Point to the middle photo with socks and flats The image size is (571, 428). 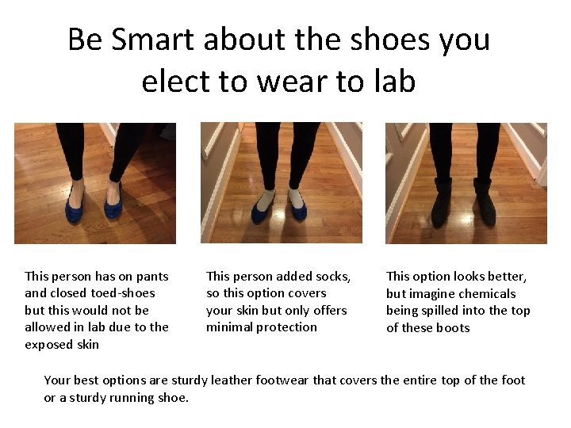click(282, 182)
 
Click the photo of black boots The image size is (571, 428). click(466, 182)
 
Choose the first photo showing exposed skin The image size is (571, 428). click(95, 182)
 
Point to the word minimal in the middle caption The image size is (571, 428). click(231, 327)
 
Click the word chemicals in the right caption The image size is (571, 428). click(485, 294)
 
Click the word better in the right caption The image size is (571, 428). click(505, 277)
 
